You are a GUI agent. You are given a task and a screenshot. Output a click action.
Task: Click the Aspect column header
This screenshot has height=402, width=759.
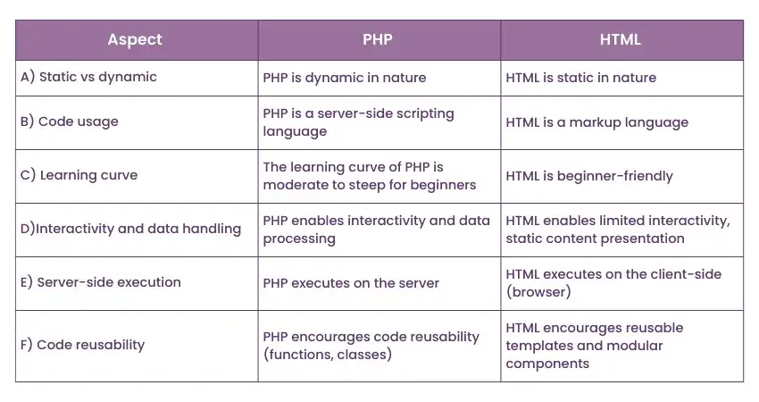135,40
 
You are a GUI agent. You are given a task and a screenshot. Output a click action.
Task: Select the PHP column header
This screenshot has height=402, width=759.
379,40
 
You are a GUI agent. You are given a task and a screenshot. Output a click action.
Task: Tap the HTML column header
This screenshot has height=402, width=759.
621,40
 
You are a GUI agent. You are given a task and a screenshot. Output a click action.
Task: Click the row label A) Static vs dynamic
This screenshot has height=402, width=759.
88,78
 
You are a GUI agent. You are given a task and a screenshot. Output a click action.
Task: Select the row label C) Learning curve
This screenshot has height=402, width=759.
79,175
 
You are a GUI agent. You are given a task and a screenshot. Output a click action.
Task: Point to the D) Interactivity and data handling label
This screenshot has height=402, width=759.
130,229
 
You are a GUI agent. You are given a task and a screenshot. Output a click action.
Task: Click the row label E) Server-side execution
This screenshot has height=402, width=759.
100,282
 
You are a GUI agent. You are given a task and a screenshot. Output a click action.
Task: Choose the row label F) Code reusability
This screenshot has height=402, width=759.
82,345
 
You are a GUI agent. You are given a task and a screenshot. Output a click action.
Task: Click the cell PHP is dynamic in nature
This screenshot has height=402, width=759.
345,78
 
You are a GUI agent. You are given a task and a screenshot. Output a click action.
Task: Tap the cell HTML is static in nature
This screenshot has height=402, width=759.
580,78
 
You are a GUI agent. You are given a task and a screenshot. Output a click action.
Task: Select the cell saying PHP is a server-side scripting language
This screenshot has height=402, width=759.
358,122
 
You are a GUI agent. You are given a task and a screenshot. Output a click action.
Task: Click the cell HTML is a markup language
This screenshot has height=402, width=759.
596,122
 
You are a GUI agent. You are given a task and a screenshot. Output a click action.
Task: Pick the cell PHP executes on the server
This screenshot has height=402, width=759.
351,283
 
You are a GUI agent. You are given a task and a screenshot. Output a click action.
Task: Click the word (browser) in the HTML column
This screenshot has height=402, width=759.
538,291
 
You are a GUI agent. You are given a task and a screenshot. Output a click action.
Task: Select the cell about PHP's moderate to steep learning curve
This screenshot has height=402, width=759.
369,176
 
